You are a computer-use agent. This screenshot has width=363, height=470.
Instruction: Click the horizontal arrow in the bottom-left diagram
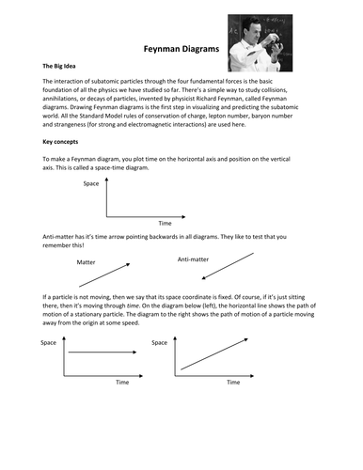click(101, 352)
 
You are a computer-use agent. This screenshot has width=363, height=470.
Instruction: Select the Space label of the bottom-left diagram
click(49, 344)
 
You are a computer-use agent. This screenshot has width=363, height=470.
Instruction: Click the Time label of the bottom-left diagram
click(121, 383)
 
